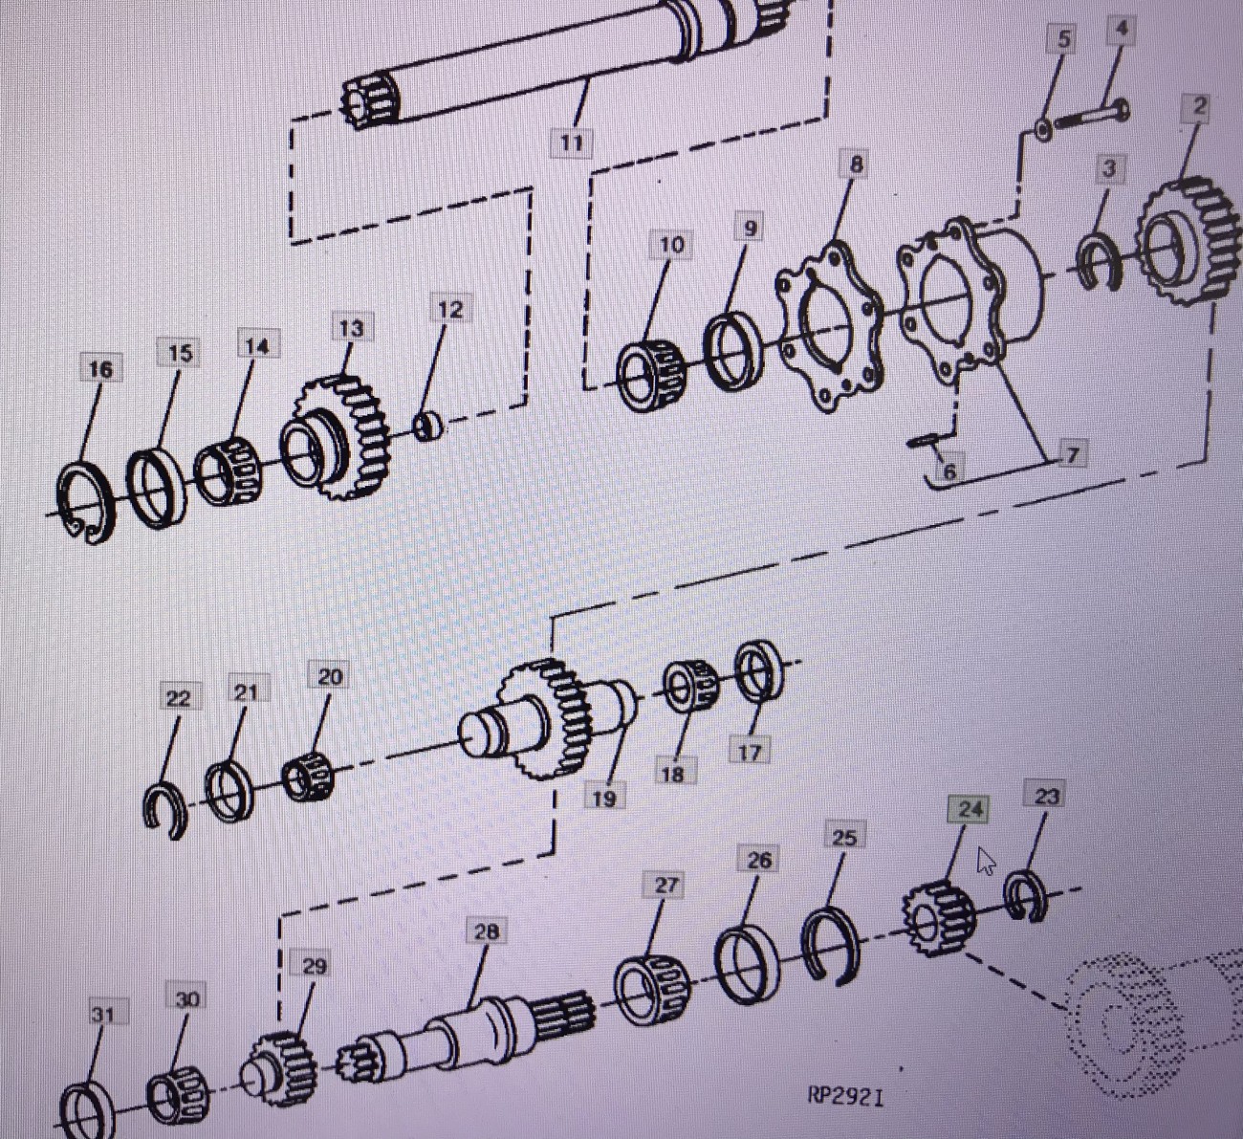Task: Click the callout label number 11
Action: coord(571,143)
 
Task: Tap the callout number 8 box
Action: coord(856,164)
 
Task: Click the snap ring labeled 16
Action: coord(84,502)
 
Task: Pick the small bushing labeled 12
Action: coord(427,427)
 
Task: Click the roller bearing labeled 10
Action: coord(650,377)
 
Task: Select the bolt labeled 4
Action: coord(1092,116)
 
